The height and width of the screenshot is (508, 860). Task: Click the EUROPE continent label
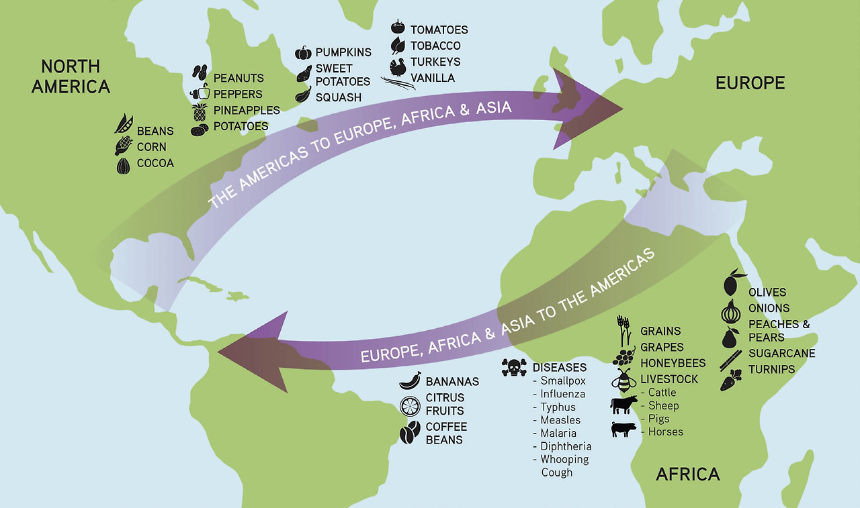click(750, 83)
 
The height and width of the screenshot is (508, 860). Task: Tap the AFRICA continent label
click(687, 474)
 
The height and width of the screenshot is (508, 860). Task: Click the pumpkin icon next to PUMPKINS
click(303, 52)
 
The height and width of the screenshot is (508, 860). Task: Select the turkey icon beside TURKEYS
click(399, 66)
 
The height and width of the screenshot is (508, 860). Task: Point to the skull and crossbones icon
click(514, 368)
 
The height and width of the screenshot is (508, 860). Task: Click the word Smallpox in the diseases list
click(563, 380)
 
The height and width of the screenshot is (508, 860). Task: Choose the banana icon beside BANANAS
click(410, 380)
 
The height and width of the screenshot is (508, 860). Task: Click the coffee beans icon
click(410, 433)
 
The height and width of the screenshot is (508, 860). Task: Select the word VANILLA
click(433, 78)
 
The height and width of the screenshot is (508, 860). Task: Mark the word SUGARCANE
click(782, 353)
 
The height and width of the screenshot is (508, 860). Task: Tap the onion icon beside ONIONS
click(730, 311)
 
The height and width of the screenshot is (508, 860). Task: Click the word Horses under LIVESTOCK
click(665, 431)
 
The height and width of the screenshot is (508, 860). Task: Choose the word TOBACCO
click(435, 46)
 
